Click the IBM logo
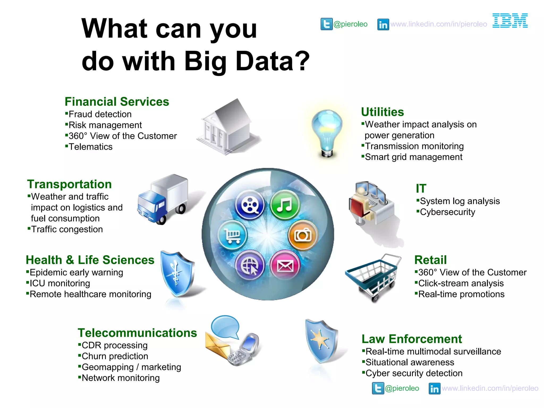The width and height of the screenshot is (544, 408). [x=510, y=21]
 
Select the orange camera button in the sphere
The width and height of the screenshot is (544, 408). [x=303, y=235]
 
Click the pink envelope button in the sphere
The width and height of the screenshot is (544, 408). [x=285, y=265]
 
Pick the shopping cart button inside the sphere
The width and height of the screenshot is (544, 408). [x=233, y=235]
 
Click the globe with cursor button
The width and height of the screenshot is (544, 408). [x=250, y=265]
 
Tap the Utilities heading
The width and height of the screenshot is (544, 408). [x=382, y=112]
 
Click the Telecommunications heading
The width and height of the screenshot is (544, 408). [x=137, y=333]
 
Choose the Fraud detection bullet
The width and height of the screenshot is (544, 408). [x=100, y=114]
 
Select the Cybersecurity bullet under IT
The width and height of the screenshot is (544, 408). [x=447, y=212]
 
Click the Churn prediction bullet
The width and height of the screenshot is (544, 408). [x=115, y=356]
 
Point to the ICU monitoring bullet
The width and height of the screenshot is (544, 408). [x=60, y=283]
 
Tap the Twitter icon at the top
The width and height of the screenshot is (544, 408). [x=326, y=24]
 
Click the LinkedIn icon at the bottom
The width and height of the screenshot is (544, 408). [x=435, y=389]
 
